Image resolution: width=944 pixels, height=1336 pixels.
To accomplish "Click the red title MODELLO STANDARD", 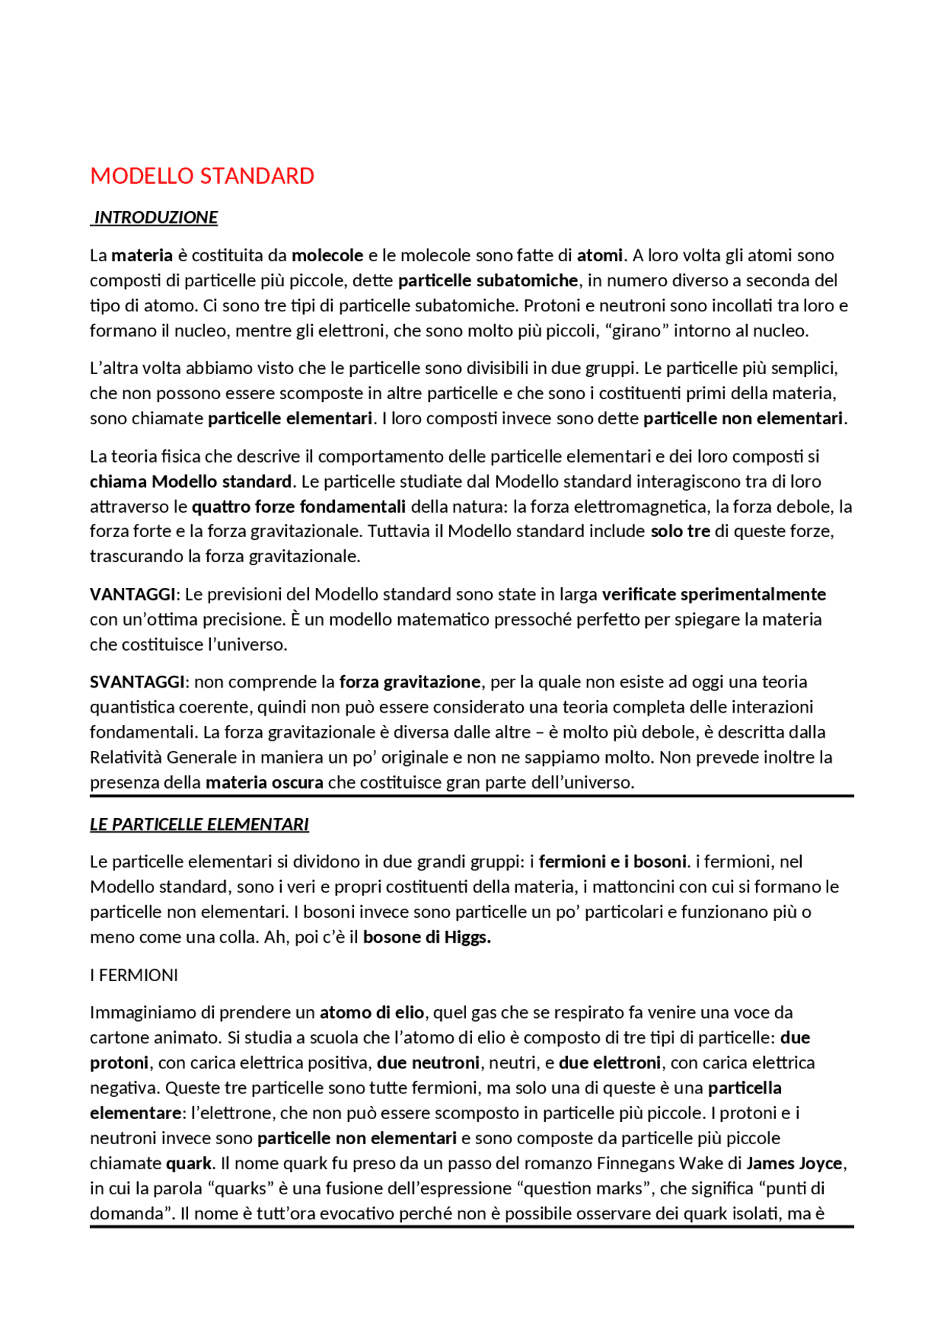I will point(202,176).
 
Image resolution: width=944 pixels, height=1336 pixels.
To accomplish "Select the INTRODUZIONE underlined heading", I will point(156,218).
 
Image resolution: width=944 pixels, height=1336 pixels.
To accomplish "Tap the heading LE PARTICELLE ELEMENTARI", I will point(199,825).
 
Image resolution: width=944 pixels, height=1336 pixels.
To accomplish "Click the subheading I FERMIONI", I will point(134,975).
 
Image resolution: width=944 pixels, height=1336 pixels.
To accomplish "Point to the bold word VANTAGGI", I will point(133,595).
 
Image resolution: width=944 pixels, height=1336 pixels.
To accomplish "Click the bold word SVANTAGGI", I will point(137,682).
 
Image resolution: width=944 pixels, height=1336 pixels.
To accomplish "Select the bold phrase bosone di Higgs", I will point(426,938).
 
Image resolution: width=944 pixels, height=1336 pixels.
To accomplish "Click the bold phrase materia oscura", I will point(264,783).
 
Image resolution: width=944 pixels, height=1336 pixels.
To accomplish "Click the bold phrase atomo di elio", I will point(372,1013).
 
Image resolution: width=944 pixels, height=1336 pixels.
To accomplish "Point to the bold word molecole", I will point(327,256).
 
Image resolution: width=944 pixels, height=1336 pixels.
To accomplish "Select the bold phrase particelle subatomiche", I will point(487,281).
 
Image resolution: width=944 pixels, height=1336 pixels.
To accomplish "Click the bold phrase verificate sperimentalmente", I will point(713,595).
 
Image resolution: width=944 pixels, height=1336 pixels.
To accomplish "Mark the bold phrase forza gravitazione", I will point(410,682).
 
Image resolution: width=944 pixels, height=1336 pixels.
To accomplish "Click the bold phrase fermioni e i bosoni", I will point(613,862).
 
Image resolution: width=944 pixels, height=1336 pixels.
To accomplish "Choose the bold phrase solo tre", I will point(680,532).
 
